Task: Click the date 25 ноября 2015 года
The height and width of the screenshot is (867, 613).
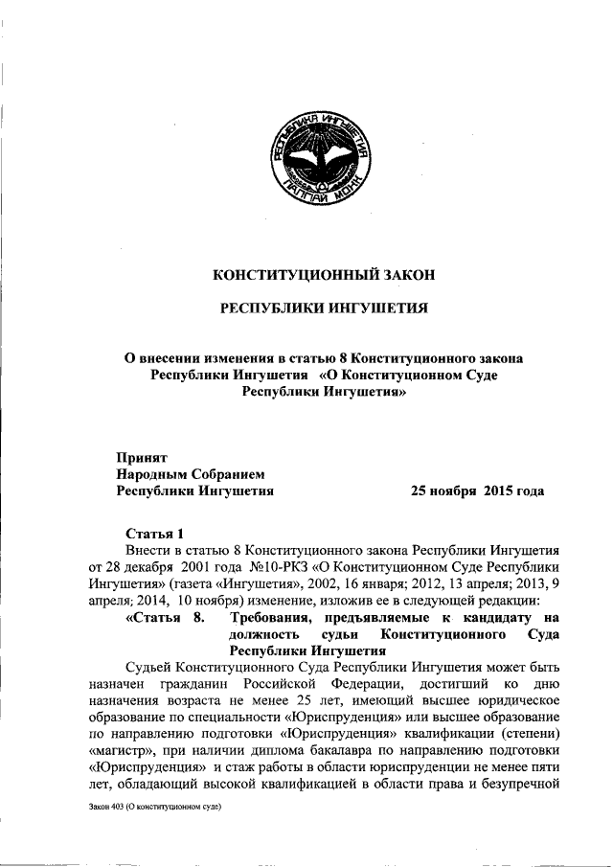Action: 477,491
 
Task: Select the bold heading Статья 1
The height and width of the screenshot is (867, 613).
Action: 153,533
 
